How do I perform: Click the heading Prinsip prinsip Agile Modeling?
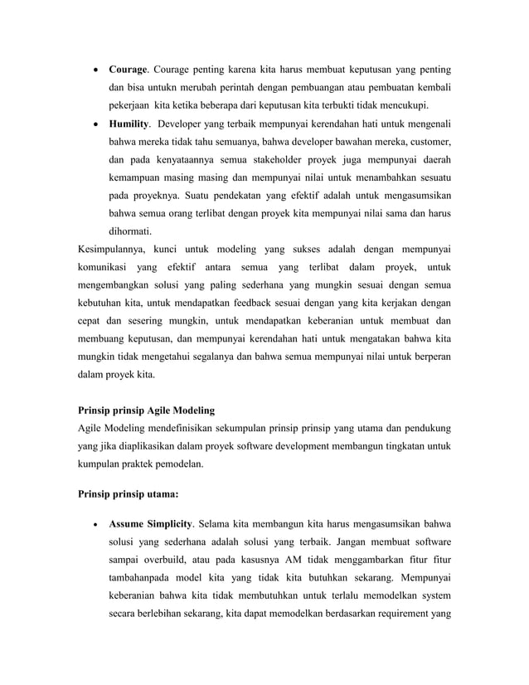146,410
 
